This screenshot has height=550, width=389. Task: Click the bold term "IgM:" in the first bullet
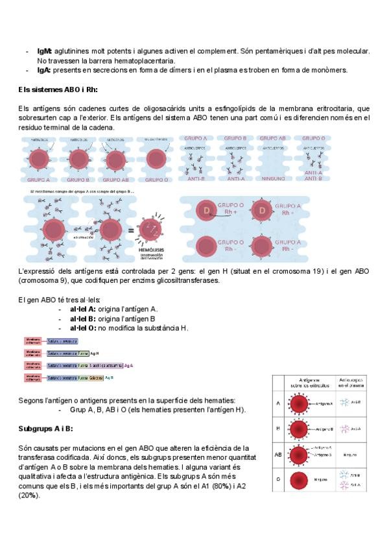point(45,51)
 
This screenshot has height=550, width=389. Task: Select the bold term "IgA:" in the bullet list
point(44,70)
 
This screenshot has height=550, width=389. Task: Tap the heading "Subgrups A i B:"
point(45,429)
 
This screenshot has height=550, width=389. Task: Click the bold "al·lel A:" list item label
point(83,309)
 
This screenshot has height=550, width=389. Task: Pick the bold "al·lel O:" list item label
point(83,328)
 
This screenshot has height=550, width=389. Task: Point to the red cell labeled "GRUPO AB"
point(115,160)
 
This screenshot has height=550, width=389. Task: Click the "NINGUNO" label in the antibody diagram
point(272,178)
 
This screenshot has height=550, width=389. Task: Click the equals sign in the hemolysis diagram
point(132,231)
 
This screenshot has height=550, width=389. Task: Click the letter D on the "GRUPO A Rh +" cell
point(263,211)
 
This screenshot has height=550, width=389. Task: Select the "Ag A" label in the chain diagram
point(128,365)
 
